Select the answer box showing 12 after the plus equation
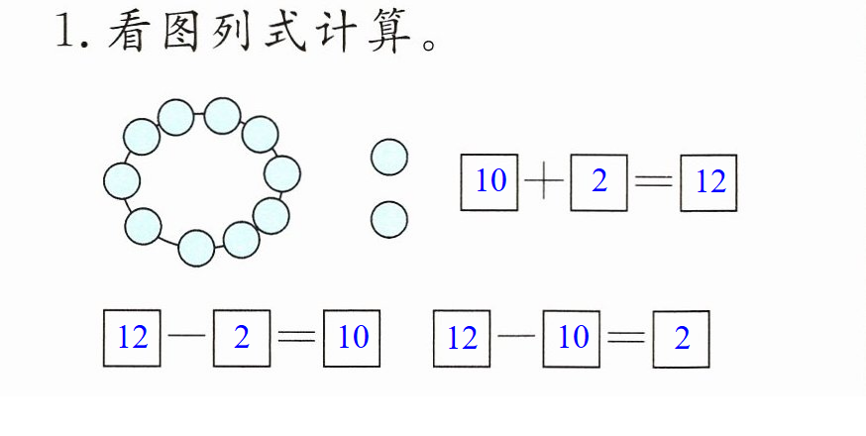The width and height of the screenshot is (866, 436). pyautogui.click(x=708, y=183)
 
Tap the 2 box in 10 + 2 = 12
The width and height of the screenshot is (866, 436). pyautogui.click(x=598, y=182)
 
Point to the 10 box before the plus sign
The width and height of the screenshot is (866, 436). pyautogui.click(x=489, y=181)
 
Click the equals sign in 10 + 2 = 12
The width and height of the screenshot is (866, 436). pyautogui.click(x=654, y=180)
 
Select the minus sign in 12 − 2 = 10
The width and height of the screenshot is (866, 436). pyautogui.click(x=186, y=336)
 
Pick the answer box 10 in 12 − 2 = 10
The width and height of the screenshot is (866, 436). pyautogui.click(x=352, y=338)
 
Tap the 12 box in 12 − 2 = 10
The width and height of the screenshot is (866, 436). pyautogui.click(x=132, y=338)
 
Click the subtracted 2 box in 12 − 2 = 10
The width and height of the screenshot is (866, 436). pyautogui.click(x=242, y=338)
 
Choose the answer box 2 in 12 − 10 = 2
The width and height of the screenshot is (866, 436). pyautogui.click(x=681, y=339)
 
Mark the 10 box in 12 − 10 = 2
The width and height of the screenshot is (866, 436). pyautogui.click(x=571, y=339)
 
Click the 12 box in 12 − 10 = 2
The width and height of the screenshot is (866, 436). pyautogui.click(x=462, y=338)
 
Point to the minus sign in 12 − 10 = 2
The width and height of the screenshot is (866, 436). pyautogui.click(x=516, y=336)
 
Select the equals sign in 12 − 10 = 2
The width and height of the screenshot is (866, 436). pyautogui.click(x=626, y=336)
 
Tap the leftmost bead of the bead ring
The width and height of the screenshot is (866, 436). pyautogui.click(x=122, y=180)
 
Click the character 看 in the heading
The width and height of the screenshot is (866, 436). pyautogui.click(x=130, y=31)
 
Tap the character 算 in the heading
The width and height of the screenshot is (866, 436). pyautogui.click(x=390, y=31)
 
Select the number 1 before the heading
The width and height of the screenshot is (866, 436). pyautogui.click(x=65, y=32)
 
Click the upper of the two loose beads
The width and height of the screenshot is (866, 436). pyautogui.click(x=389, y=157)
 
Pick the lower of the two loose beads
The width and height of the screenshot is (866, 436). pyautogui.click(x=389, y=219)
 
